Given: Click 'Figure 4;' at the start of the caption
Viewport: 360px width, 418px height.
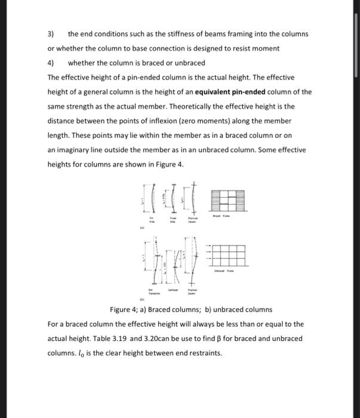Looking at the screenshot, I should (x=125, y=310).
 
